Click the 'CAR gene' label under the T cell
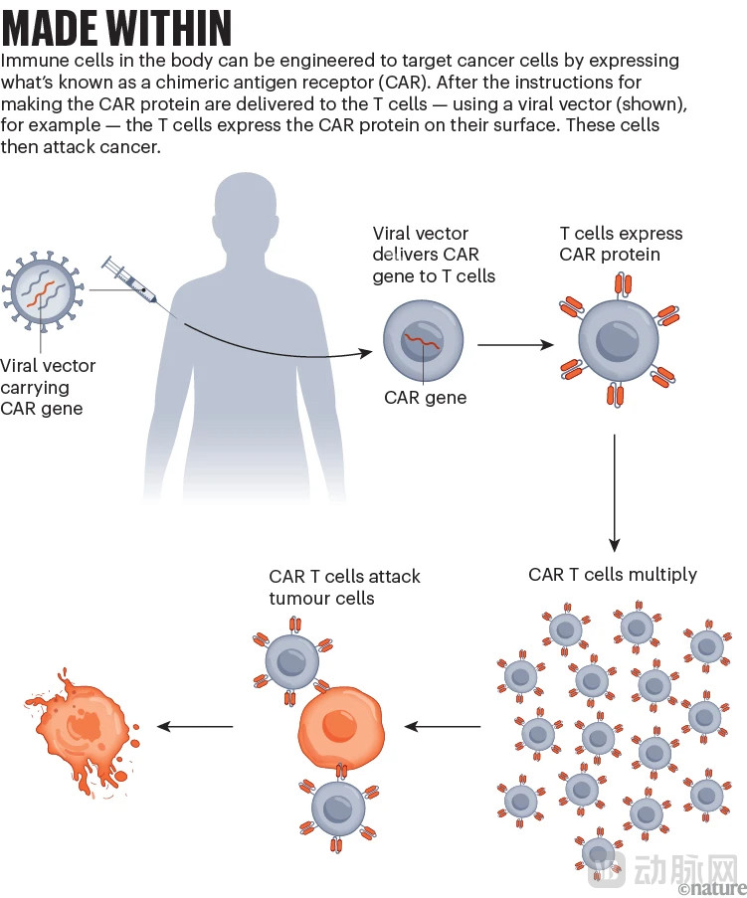point(425,398)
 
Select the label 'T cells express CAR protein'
point(621,245)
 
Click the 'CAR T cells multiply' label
point(613,575)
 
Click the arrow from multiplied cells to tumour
point(442,726)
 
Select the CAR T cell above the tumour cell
point(296,657)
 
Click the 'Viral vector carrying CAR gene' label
point(48,387)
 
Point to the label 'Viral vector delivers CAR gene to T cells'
point(433,256)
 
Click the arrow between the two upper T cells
point(515,345)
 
